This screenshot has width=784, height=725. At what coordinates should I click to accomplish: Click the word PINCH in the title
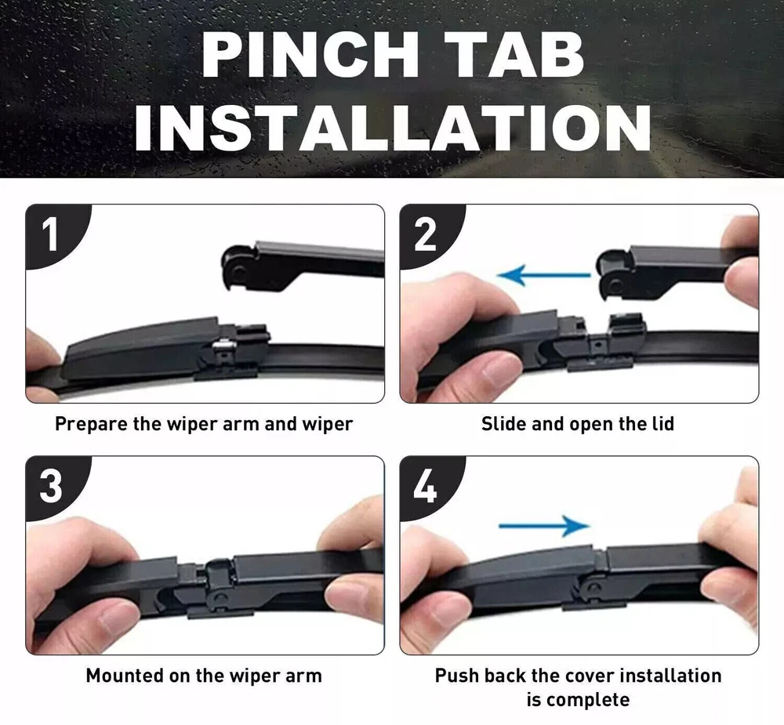[310, 55]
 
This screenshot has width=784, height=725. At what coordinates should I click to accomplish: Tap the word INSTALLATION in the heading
[393, 128]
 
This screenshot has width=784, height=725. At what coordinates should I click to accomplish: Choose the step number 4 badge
[426, 487]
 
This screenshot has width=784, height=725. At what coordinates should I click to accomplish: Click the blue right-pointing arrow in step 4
[544, 525]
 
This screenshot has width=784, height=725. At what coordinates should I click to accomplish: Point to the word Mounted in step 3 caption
[125, 676]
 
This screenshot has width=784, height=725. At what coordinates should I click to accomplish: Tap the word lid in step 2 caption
[663, 424]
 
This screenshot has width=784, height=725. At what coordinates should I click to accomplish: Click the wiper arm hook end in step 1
[239, 267]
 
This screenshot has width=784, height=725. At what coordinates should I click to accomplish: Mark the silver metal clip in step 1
[223, 345]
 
